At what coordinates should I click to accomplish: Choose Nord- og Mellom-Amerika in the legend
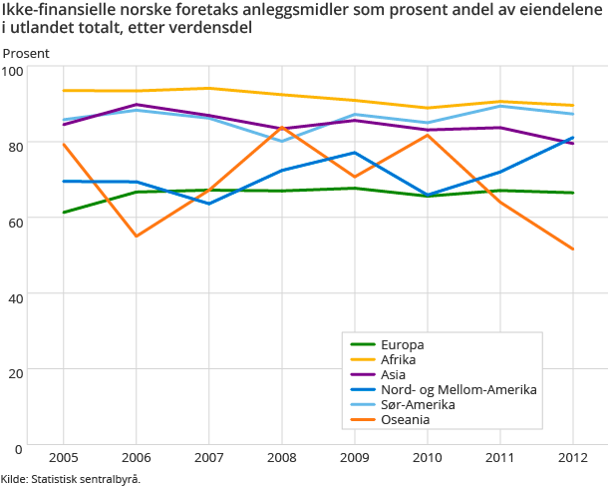(457, 389)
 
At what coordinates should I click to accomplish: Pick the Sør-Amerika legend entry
(418, 404)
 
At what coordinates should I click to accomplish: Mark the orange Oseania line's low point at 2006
(136, 236)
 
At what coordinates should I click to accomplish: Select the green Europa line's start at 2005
(63, 213)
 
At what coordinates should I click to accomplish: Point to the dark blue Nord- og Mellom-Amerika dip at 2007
(208, 204)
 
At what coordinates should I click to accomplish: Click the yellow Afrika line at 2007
(208, 89)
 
